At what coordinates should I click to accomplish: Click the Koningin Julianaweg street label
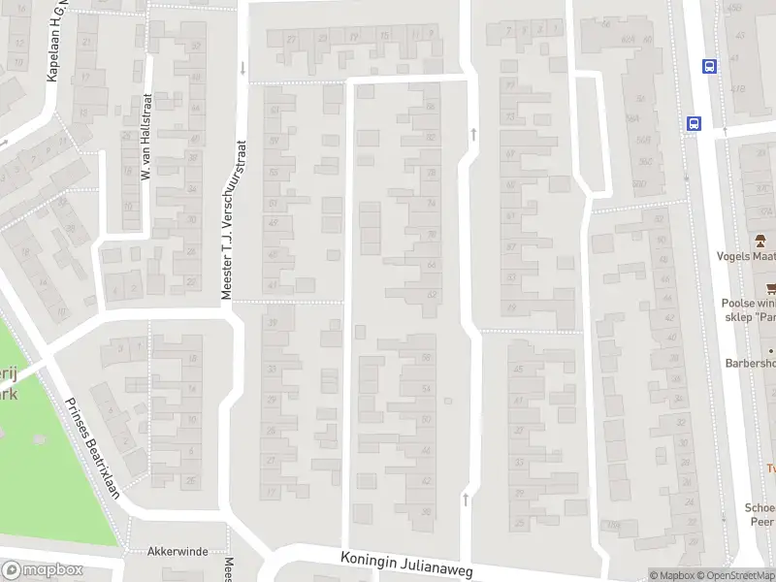pos(407,566)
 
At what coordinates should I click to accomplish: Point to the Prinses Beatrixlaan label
pos(91,447)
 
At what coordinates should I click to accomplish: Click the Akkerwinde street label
pos(178,551)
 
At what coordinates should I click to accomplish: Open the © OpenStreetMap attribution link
pos(734,575)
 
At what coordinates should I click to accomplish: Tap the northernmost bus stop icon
pos(710,66)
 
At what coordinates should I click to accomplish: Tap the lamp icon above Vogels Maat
pos(762,241)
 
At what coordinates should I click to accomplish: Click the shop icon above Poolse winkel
pos(771,288)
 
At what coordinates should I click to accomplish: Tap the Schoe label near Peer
pos(760,507)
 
